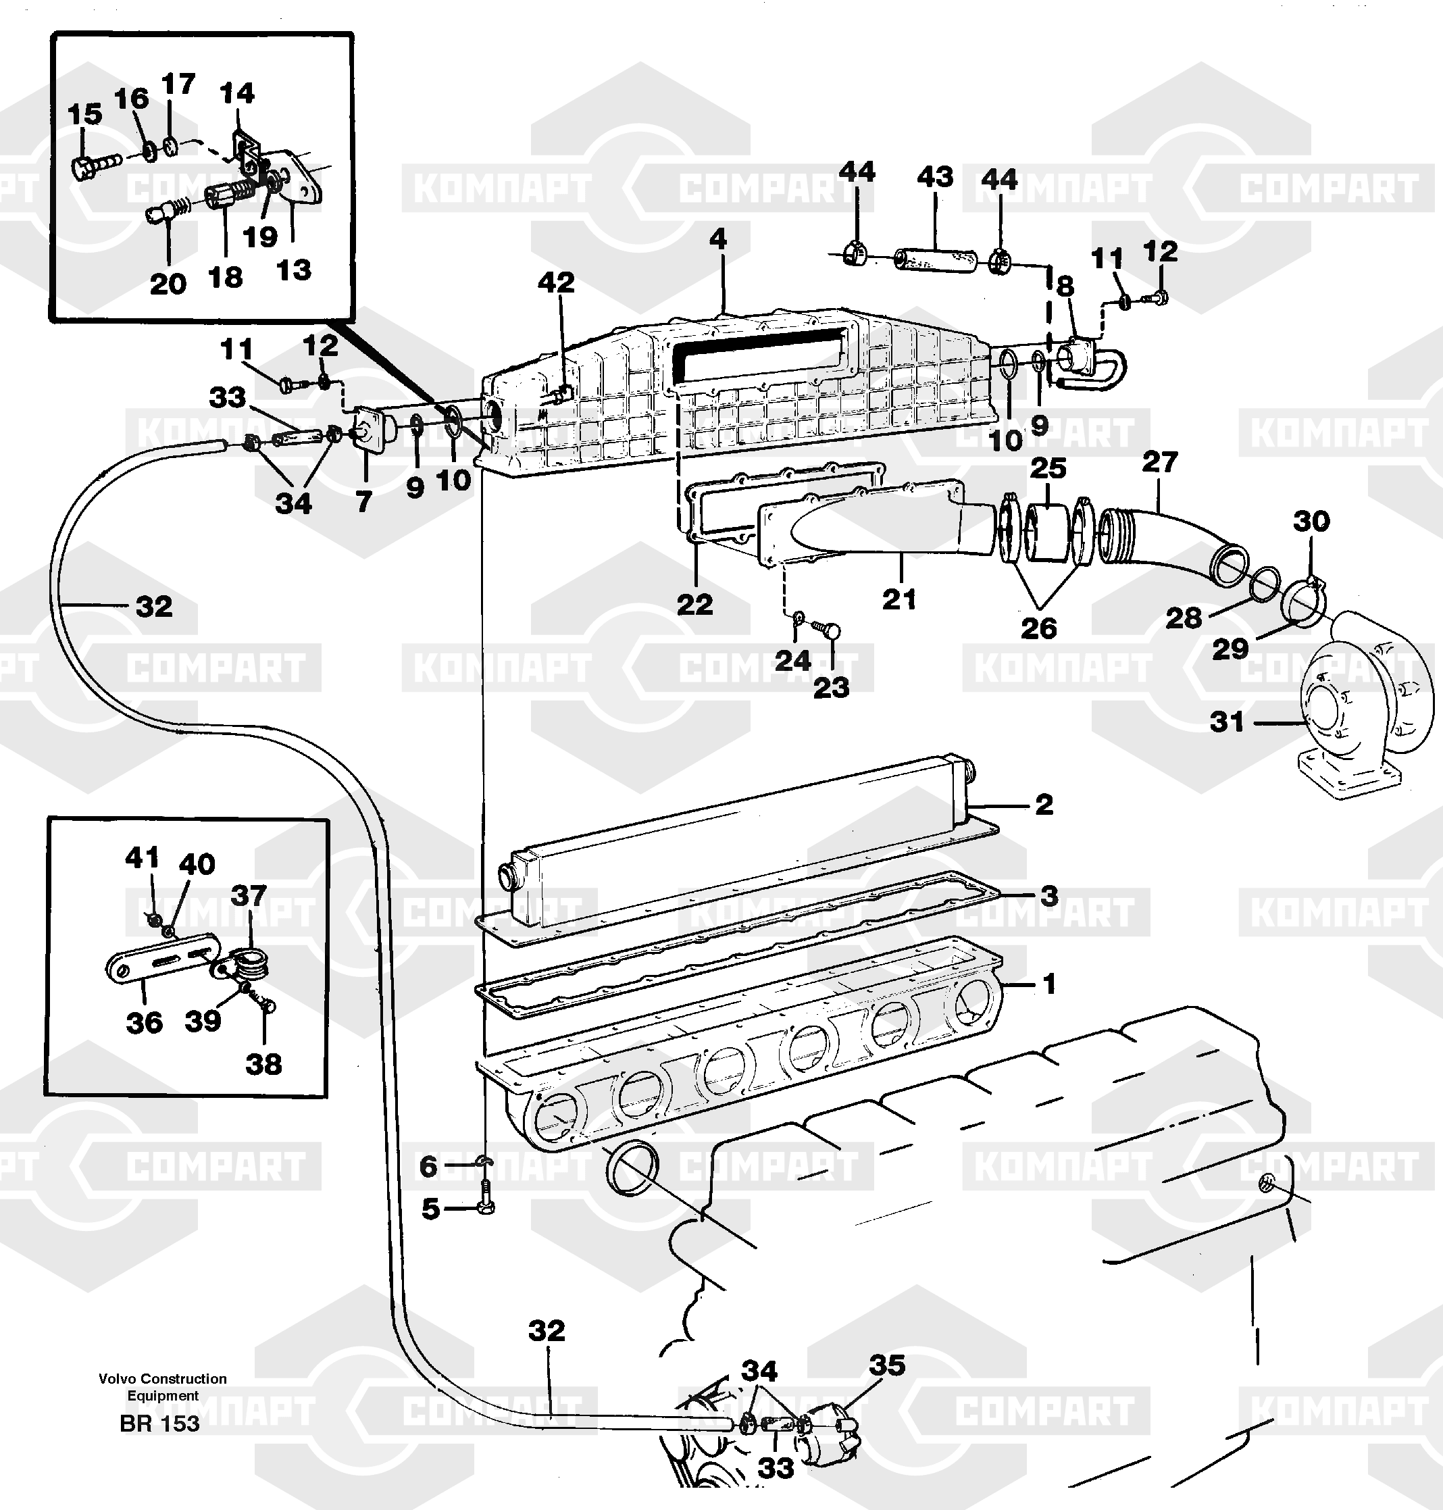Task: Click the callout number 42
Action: click(555, 282)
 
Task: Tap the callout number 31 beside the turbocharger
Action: click(1227, 722)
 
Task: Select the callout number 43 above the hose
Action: click(934, 178)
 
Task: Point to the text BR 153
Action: click(159, 1423)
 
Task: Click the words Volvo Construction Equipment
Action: click(162, 1387)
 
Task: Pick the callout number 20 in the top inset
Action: click(168, 284)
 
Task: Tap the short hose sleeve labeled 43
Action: click(934, 257)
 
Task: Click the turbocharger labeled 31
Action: click(1361, 707)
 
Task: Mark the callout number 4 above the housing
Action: click(717, 239)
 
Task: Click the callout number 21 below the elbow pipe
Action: click(898, 599)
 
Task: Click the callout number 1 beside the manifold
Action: click(1048, 984)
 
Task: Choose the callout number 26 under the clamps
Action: click(1038, 628)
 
